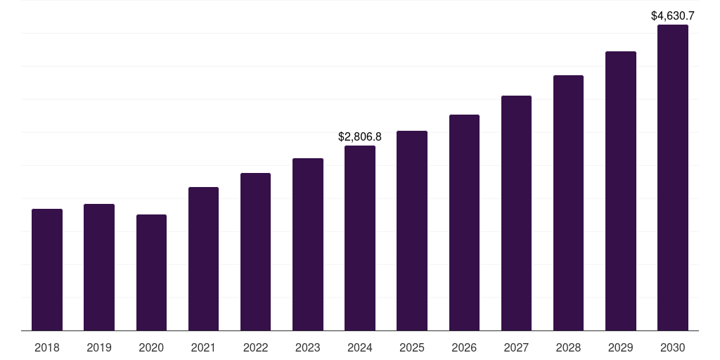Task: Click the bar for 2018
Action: (47, 270)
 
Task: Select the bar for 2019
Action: (99, 267)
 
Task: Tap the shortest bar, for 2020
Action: (151, 273)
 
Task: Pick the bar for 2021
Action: (203, 259)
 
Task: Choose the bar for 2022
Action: (255, 252)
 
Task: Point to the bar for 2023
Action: (308, 245)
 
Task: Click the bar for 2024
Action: (360, 238)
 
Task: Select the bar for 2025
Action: (412, 231)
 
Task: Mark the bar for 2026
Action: (464, 223)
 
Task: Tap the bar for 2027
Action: (516, 213)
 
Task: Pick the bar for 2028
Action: (568, 203)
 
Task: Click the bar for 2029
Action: (621, 191)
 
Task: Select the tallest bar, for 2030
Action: (673, 178)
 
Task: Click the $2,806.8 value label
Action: (360, 136)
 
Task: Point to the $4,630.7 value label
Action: (673, 15)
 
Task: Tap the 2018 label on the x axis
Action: (47, 347)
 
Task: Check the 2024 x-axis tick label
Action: (360, 347)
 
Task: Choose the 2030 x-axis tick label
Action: (673, 347)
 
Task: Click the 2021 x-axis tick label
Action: (203, 347)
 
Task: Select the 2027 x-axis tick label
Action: (516, 347)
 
